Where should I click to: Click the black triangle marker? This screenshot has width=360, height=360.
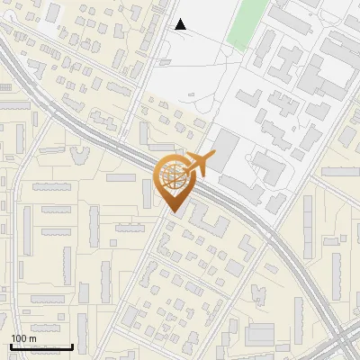pos(180,24)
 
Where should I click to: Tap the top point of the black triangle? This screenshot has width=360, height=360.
pos(180,19)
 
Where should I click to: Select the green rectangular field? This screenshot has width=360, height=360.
pos(247,23)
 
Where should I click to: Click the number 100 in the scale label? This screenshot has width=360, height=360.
pos(19,338)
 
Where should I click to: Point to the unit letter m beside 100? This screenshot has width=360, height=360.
pos(32,338)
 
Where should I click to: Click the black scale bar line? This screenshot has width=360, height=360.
pos(40,346)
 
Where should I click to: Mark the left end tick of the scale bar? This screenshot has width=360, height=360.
pos(10,345)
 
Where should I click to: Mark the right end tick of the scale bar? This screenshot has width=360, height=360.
pos(72,345)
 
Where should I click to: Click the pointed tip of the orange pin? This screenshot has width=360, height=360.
pos(172,213)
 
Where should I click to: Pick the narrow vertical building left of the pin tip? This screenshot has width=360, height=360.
pos(147,192)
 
